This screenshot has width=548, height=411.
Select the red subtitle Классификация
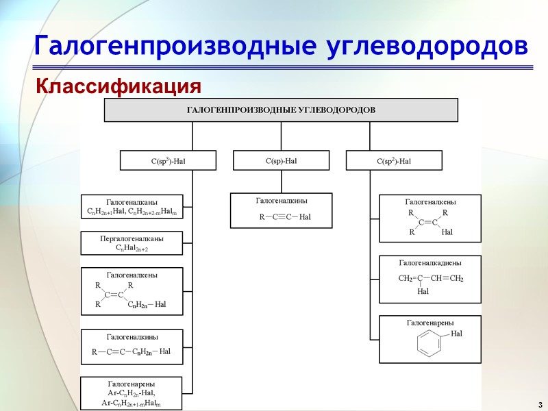tap(119, 87)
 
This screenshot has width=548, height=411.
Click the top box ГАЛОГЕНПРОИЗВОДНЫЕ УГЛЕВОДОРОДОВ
tap(281, 110)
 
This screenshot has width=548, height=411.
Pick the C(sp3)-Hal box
tap(169, 161)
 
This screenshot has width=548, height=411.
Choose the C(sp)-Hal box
tap(281, 161)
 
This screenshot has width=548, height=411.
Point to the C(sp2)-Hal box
tap(394, 161)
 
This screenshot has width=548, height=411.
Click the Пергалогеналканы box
tap(132, 242)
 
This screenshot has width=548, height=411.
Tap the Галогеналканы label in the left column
tap(132, 201)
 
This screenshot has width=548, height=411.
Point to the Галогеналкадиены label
tap(429, 262)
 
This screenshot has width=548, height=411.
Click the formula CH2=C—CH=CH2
tap(431, 279)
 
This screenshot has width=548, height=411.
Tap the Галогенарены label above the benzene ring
tap(429, 323)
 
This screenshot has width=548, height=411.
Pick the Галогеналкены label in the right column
tap(431, 201)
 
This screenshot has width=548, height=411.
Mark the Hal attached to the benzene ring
tap(457, 333)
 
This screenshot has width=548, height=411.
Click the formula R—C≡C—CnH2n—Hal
tap(132, 352)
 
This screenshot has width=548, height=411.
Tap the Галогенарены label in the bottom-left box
tap(132, 384)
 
